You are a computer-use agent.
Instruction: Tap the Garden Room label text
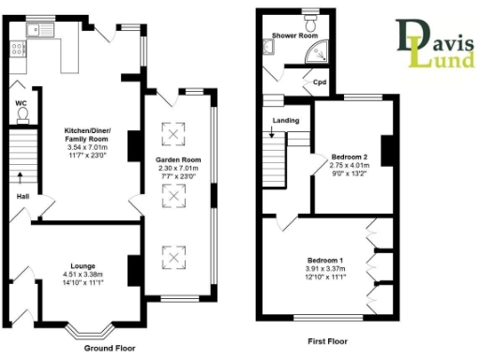[175, 160]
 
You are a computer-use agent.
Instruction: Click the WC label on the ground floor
[21, 103]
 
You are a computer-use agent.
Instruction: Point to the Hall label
[21, 197]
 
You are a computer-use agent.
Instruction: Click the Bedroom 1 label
[327, 259]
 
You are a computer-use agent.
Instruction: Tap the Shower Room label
[291, 35]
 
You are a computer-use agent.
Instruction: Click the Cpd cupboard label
[320, 82]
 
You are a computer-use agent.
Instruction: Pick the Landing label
[286, 121]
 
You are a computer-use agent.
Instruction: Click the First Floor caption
[325, 343]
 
